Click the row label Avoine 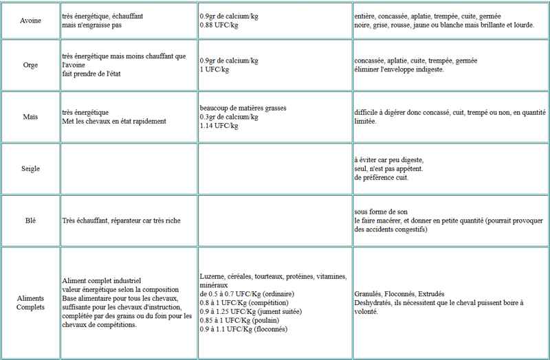click(30, 21)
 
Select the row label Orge click(30, 65)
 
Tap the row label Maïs click(30, 117)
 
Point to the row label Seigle click(30, 168)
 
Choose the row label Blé click(30, 221)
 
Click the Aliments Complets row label click(30, 303)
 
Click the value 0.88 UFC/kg click(219, 25)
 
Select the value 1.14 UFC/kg click(219, 126)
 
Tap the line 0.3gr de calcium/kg click(229, 117)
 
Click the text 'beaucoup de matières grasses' click(243, 109)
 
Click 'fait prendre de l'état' click(91, 74)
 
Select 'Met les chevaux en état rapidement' click(114, 122)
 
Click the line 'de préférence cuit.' click(382, 177)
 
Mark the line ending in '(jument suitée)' click(243, 311)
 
